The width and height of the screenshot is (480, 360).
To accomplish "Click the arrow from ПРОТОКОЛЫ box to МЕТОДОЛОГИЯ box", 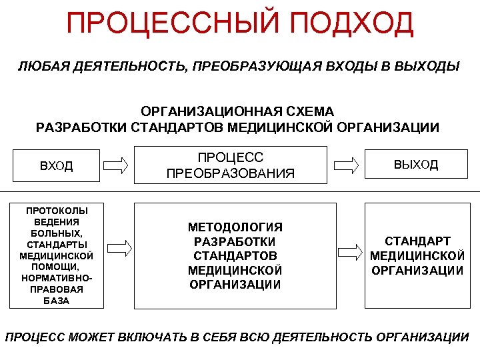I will point(120,249).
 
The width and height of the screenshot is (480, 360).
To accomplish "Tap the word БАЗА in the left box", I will point(57,301).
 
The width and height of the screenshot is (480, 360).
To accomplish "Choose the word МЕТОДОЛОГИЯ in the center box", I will point(235,227).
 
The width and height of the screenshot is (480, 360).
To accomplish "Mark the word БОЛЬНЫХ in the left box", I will point(57,233).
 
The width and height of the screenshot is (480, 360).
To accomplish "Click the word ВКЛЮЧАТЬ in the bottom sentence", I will point(153,337).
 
